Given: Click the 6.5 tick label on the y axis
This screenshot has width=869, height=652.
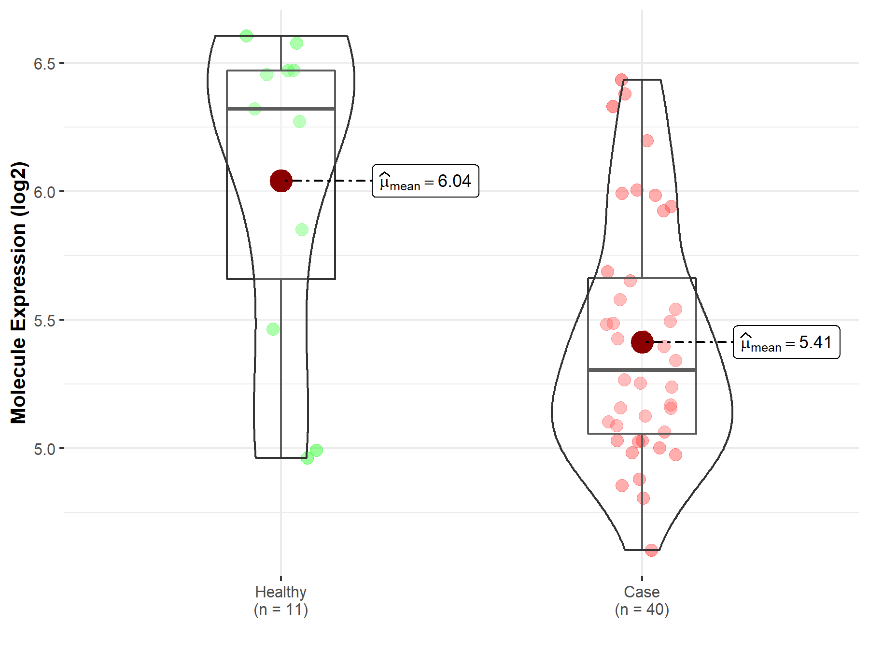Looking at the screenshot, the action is click(x=44, y=63).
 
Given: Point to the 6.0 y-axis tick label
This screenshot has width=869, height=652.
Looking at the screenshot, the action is click(x=44, y=192).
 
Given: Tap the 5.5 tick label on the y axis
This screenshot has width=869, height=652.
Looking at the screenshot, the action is click(x=44, y=320).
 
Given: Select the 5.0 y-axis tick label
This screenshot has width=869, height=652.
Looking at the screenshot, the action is click(x=44, y=449).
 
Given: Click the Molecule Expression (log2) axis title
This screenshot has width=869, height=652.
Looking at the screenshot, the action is click(x=18, y=293).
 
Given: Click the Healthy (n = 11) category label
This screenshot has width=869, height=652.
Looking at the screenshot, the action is click(x=281, y=600).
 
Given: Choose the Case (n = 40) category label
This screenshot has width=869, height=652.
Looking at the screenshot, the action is click(x=642, y=600).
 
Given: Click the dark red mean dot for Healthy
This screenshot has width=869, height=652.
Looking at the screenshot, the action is click(x=281, y=181).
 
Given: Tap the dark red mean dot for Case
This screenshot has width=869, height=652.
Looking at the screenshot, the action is click(x=642, y=342).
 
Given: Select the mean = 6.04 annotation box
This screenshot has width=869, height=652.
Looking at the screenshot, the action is click(x=425, y=181).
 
